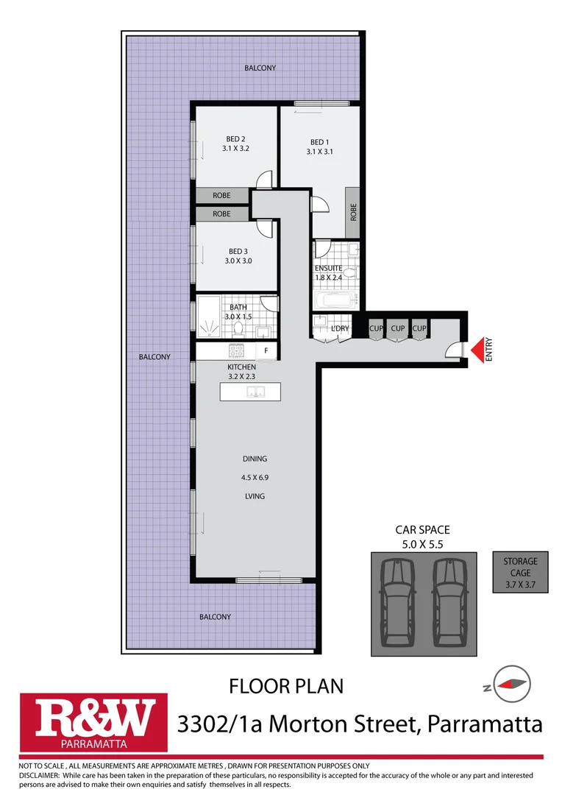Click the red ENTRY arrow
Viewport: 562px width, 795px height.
480,349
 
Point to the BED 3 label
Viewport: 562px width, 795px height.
238,251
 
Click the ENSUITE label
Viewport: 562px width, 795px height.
328,268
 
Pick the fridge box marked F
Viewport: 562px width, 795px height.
266,350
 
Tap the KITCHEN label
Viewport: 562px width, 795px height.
241,367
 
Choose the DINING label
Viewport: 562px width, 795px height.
255,459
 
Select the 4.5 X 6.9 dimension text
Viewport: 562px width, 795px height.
255,477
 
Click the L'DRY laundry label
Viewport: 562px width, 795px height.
339,328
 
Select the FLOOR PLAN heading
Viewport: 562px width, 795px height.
286,687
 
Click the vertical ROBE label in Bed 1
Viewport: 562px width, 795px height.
353,213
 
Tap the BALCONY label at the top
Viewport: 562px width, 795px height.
260,68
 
